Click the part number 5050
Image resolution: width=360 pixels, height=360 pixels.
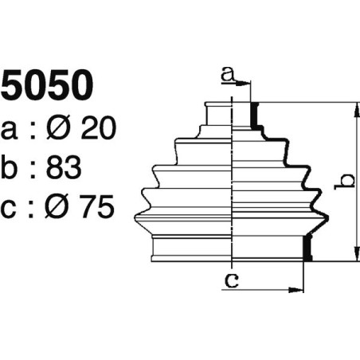[x=47, y=87]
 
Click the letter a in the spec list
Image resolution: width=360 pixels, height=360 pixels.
[x=10, y=129]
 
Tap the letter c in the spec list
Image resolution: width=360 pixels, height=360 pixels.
[x=10, y=209]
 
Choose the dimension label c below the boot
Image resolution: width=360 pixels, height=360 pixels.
[x=231, y=280]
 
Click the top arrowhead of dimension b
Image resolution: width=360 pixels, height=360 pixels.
[x=353, y=107]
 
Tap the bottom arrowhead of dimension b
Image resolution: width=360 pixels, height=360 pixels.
[x=353, y=257]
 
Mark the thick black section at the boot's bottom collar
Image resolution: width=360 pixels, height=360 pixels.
[x=308, y=248]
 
